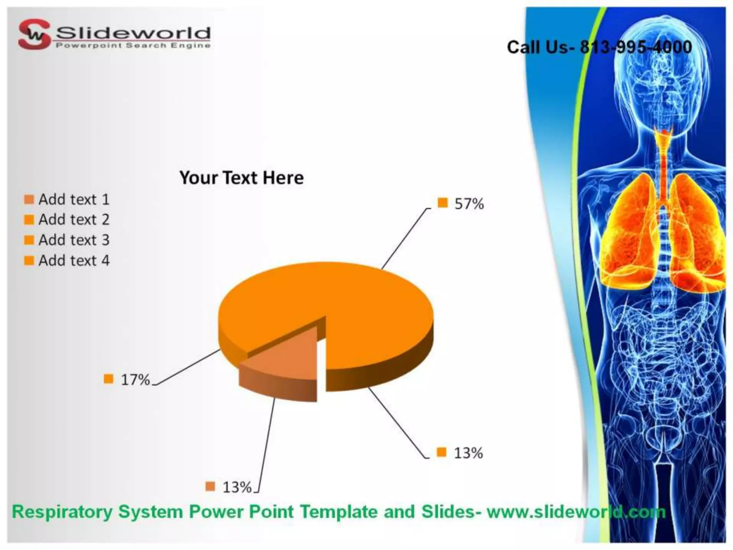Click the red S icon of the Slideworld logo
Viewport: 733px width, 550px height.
click(x=34, y=34)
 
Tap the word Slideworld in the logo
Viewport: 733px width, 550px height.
click(x=133, y=33)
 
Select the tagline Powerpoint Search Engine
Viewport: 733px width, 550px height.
click(x=133, y=45)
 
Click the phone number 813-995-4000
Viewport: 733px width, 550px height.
click(x=636, y=47)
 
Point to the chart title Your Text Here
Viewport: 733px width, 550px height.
click(x=242, y=178)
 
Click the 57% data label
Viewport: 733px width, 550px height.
click(x=469, y=204)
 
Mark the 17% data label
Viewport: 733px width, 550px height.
click(x=135, y=380)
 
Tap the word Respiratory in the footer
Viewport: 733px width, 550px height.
click(x=62, y=512)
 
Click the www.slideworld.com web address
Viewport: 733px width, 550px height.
click(x=576, y=512)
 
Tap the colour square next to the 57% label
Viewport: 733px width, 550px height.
click(x=443, y=203)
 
